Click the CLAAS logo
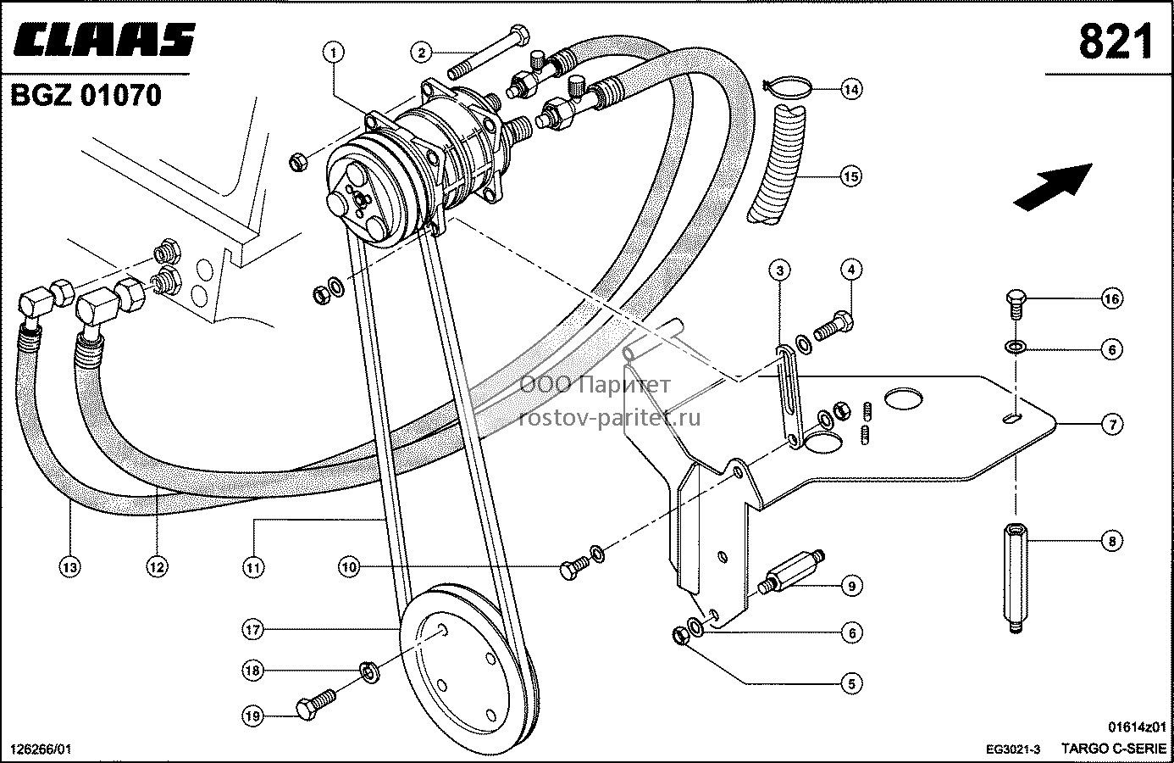point(104,39)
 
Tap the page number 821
point(1116,42)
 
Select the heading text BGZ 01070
point(86,95)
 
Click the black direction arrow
point(1053,187)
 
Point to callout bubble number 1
point(334,53)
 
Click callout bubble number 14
point(851,89)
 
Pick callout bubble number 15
point(850,175)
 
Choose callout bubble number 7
point(1113,424)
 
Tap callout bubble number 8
point(1112,541)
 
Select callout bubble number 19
point(252,716)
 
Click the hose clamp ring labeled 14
point(787,88)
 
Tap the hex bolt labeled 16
point(1016,304)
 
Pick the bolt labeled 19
point(315,705)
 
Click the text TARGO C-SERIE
point(1111,748)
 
